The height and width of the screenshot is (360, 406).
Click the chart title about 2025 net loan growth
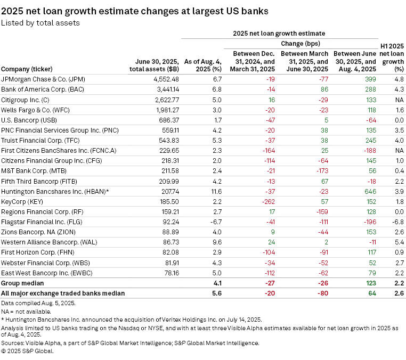135,11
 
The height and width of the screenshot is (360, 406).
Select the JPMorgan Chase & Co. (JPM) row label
51,79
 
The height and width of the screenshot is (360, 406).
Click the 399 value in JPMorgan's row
370,79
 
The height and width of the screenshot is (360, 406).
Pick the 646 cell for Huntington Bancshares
370,191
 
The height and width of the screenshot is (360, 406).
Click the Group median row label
22,283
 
